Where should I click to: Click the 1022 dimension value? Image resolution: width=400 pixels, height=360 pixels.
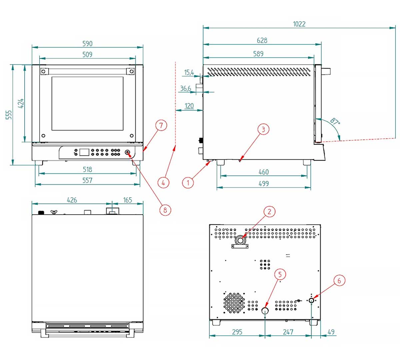tap(299, 24)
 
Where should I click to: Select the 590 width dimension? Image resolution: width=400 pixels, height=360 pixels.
tap(87, 44)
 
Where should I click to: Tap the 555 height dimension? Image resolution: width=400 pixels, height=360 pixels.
tap(9, 115)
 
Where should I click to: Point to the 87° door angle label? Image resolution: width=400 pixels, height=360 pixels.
tap(335, 121)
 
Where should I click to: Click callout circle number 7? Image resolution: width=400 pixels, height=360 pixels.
tap(161, 125)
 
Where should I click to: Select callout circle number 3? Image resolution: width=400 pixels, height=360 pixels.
tap(263, 129)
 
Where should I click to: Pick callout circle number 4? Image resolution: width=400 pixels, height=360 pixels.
tap(163, 182)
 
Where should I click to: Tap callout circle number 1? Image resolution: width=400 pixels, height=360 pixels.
tap(188, 182)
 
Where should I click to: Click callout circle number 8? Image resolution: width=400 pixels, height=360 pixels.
tap(165, 210)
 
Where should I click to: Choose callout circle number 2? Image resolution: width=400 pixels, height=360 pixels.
tap(269, 211)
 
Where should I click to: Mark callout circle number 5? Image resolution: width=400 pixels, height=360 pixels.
tap(280, 274)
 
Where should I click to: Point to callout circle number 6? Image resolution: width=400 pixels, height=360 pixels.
tap(339, 281)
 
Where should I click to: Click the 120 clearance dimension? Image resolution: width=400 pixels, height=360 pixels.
tap(189, 106)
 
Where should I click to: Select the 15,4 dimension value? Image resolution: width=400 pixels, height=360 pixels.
tap(189, 72)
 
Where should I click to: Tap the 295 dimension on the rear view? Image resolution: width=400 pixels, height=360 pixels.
tap(237, 332)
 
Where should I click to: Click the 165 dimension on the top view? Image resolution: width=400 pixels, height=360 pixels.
tap(127, 200)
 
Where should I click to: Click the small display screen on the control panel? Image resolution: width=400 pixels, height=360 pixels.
tap(84, 152)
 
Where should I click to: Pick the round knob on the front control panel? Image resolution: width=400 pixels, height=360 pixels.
tap(127, 153)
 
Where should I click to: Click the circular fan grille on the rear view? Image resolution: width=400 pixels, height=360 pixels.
tap(234, 303)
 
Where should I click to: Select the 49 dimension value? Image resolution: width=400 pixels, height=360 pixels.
tap(331, 332)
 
